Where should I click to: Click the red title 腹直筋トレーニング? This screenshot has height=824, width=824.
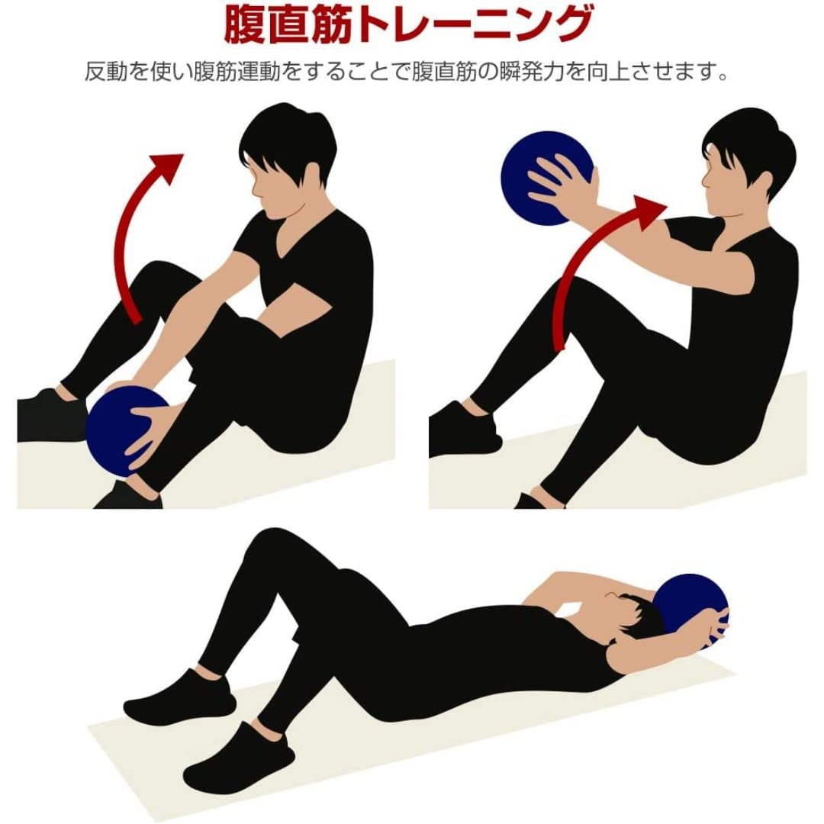[407, 24]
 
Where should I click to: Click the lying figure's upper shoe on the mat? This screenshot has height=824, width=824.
[179, 698]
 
